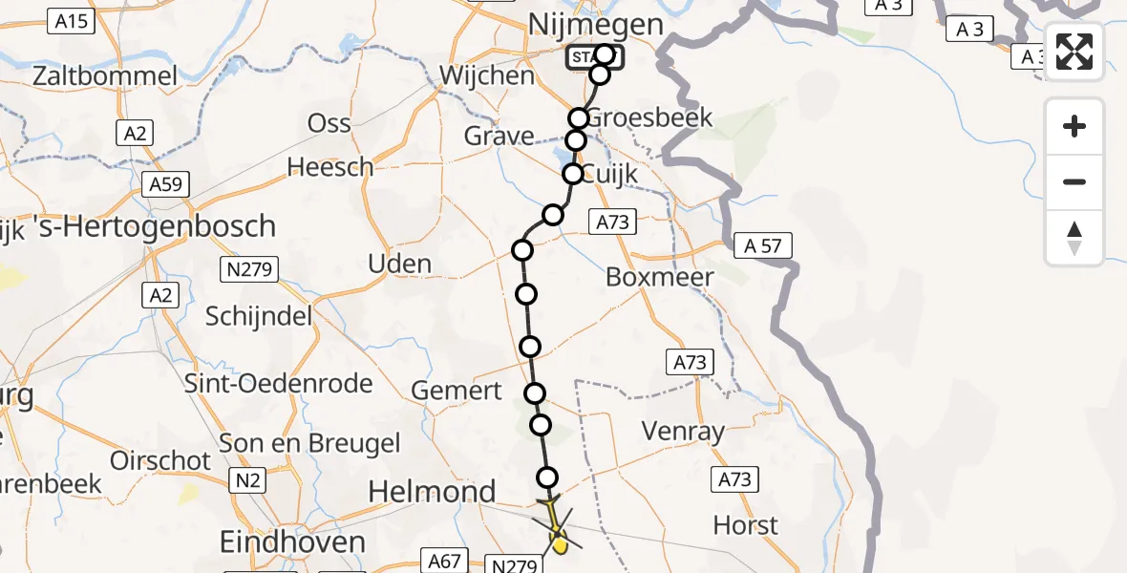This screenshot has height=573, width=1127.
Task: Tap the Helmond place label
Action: coord(433,492)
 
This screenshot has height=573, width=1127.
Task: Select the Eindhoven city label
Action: coord(292,542)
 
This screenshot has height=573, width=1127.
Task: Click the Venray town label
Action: coord(683,432)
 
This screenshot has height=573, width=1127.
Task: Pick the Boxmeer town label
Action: coord(660,278)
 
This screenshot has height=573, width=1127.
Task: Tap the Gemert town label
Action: coord(457,390)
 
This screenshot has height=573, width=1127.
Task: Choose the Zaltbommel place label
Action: coord(105,75)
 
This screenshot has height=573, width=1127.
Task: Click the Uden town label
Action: coord(399,264)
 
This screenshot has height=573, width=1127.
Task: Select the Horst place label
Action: coord(746,525)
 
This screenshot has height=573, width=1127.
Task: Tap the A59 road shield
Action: coord(168,183)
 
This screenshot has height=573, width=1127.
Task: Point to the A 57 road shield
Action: coord(762,246)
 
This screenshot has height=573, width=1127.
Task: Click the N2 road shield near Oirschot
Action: coord(247,480)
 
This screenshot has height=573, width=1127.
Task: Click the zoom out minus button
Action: coord(1074,181)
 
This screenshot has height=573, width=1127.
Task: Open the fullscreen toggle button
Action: coord(1074,52)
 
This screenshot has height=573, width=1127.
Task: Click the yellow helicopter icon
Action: coord(555,527)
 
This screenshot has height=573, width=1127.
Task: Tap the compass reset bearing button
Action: coord(1074,238)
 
